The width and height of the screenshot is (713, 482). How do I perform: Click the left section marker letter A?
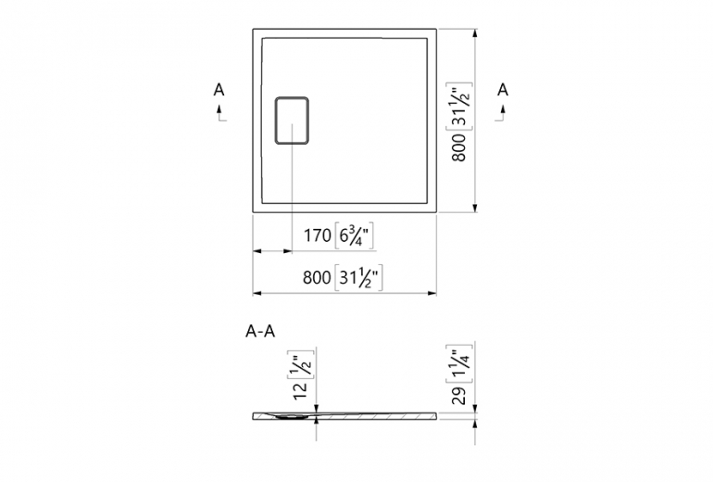click(x=219, y=90)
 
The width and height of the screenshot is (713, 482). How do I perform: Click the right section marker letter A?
click(x=503, y=90)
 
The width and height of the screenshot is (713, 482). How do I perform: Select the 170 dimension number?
click(x=318, y=236)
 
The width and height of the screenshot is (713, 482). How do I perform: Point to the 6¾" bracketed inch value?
click(x=355, y=236)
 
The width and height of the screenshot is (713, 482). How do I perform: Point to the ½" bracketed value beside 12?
click(x=298, y=367)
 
